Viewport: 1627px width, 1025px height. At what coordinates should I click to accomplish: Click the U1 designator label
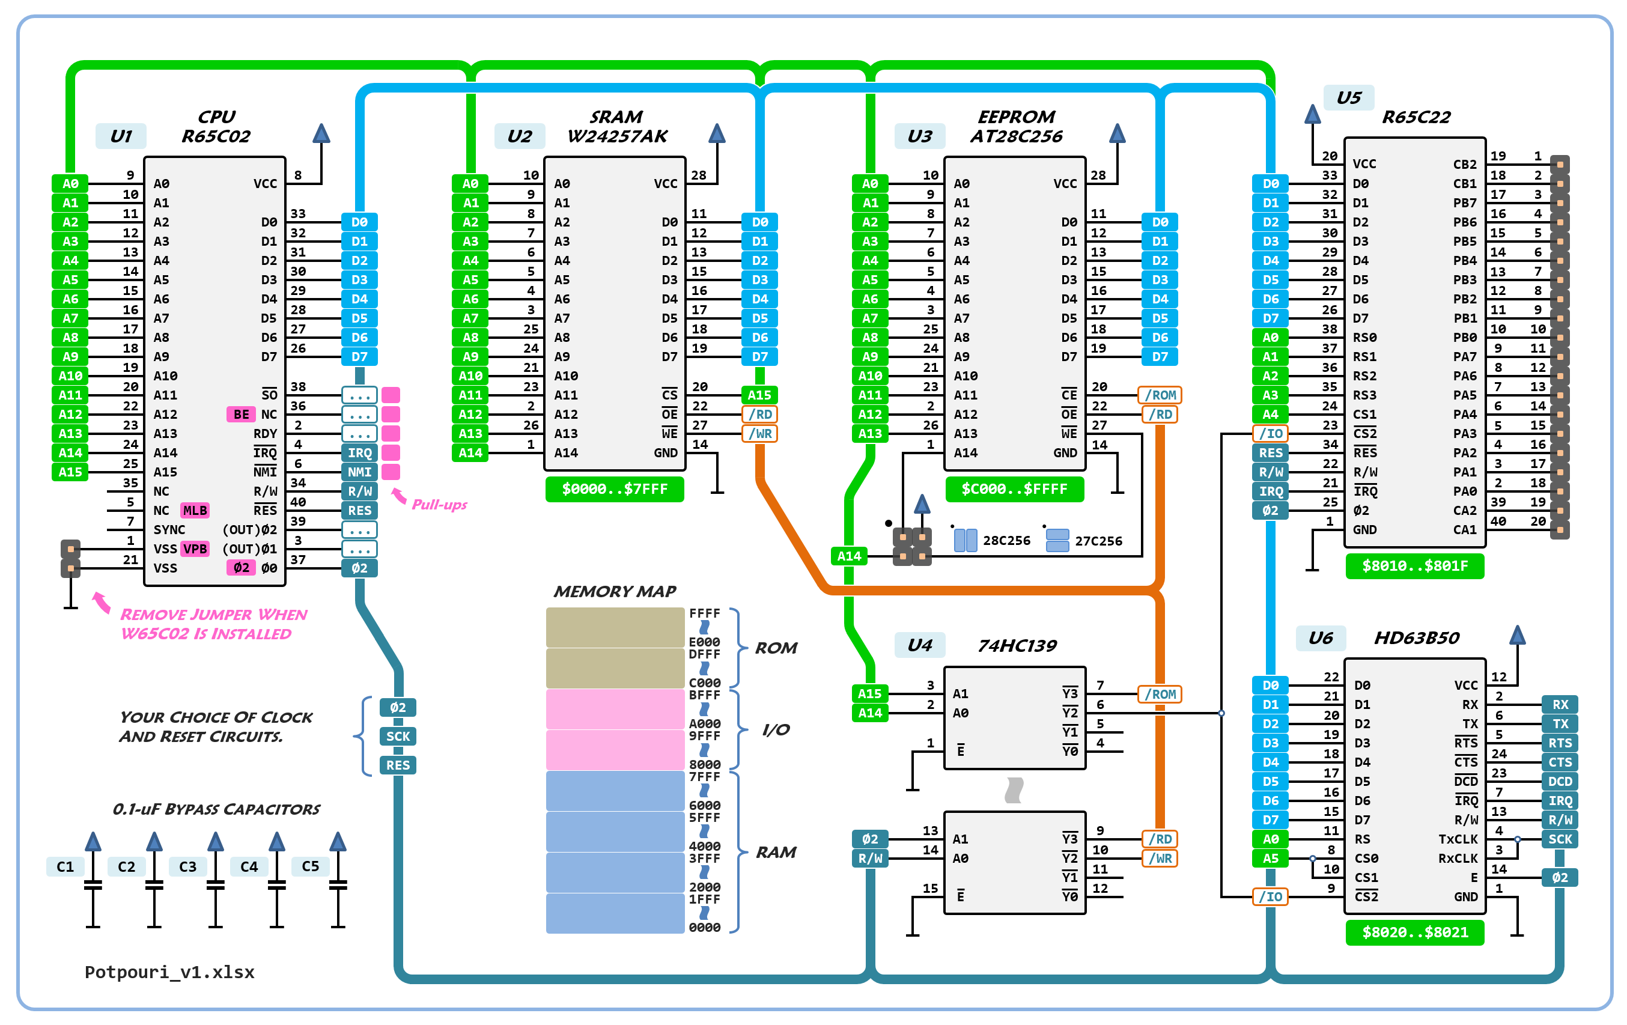(121, 136)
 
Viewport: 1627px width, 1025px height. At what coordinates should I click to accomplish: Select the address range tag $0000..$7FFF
(614, 488)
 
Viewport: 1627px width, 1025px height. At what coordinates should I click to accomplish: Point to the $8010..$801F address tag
(1414, 565)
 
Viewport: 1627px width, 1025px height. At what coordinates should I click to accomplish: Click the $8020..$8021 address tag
(1414, 932)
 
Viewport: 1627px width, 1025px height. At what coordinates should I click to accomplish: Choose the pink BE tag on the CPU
(241, 414)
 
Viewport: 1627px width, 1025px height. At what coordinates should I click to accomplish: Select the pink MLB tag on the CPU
(195, 510)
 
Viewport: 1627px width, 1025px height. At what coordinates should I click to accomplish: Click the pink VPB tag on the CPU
(195, 549)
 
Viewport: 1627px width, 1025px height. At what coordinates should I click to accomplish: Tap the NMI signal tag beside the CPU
(359, 472)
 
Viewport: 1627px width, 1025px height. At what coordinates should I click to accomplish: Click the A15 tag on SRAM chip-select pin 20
(759, 395)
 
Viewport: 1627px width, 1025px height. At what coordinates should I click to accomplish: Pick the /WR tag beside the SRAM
(759, 433)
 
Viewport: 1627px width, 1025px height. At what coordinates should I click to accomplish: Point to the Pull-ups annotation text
(439, 504)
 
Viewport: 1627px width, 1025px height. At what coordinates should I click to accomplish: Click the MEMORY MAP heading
(614, 591)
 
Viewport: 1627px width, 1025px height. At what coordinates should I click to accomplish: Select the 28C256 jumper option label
(1006, 541)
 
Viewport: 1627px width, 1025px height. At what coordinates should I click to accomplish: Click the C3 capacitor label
(187, 866)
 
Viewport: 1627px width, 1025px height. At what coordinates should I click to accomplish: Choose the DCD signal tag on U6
(1560, 781)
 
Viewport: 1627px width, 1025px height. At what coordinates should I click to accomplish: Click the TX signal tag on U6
(1560, 723)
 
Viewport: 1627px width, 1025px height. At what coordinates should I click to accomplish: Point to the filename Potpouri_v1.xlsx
(169, 972)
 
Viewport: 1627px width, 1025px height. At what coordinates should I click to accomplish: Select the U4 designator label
(920, 645)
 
